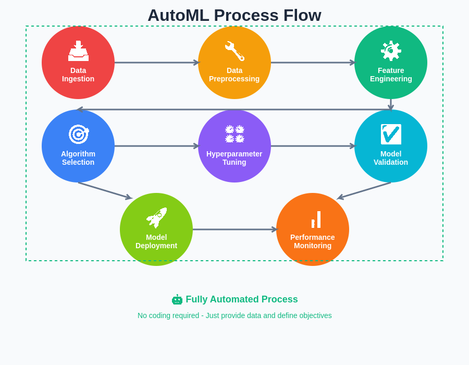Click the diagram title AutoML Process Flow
click(x=234, y=15)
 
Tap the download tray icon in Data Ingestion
click(x=78, y=51)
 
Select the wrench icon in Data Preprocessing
click(x=234, y=51)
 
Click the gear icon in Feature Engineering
click(x=391, y=51)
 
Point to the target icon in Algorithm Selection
click(x=78, y=135)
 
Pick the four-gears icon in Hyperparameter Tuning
click(x=234, y=134)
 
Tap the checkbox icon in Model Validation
click(x=391, y=134)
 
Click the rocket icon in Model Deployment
click(x=156, y=218)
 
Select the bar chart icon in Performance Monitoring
click(x=315, y=220)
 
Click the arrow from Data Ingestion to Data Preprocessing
click(x=156, y=63)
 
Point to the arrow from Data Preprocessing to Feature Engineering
click(x=313, y=63)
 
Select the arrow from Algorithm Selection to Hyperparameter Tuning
click(x=156, y=146)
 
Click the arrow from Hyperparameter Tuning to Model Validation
click(x=313, y=146)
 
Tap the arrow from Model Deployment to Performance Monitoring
click(x=234, y=229)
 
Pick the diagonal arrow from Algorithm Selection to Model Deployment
click(x=104, y=190)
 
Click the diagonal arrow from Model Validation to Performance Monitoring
click(x=365, y=190)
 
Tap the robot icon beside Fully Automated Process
click(x=177, y=300)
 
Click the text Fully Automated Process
click(x=242, y=299)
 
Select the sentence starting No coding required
click(x=234, y=315)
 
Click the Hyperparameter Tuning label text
click(x=234, y=158)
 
